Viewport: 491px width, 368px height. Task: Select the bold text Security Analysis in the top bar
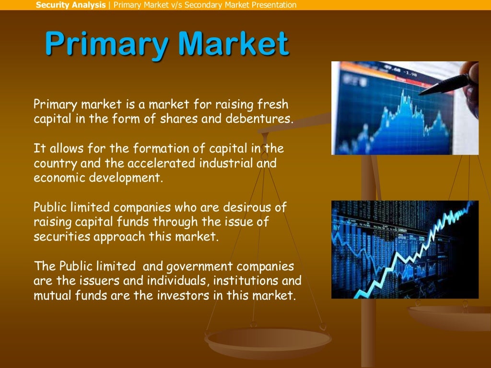pyautogui.click(x=70, y=5)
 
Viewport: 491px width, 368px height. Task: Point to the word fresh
pyautogui.click(x=274, y=104)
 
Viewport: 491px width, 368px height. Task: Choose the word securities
pyautogui.click(x=57, y=237)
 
